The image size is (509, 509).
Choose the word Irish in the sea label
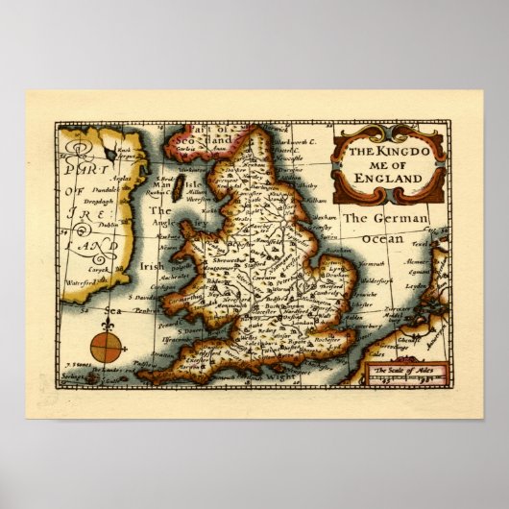point(152,267)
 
